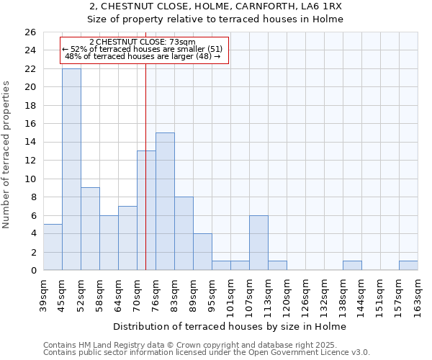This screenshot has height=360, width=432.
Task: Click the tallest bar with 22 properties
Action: click(x=71, y=169)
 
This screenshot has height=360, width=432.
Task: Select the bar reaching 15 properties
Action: click(x=165, y=202)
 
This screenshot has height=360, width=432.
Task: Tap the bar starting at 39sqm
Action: click(x=53, y=247)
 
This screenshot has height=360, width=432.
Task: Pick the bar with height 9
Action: click(x=90, y=229)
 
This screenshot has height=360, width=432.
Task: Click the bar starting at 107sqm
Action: click(x=258, y=243)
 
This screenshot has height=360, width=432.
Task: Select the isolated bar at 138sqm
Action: click(x=352, y=266)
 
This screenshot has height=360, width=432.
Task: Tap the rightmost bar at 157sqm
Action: click(x=408, y=266)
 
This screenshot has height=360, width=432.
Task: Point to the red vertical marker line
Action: click(x=146, y=180)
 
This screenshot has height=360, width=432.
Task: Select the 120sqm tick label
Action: click(x=287, y=294)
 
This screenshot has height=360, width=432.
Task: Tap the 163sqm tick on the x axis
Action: click(x=418, y=294)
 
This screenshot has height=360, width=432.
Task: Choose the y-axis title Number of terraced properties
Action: click(x=7, y=155)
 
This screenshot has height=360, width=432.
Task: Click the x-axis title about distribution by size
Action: click(x=230, y=326)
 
